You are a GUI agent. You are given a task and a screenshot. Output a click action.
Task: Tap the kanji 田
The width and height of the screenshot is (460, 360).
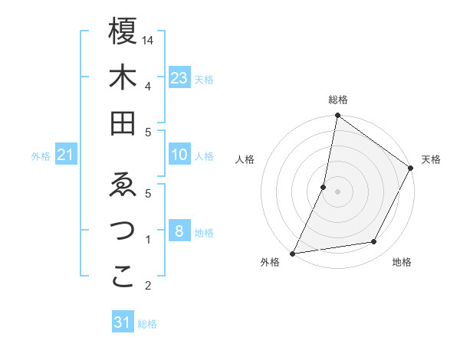tap(123, 123)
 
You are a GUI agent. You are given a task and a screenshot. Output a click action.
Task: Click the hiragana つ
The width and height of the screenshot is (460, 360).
tap(123, 231)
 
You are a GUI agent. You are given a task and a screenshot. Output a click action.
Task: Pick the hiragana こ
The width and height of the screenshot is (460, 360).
tap(123, 277)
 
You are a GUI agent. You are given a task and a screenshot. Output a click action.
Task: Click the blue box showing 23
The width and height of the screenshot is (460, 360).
tap(179, 77)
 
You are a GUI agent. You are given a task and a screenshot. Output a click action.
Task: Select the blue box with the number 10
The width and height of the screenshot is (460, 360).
tap(179, 155)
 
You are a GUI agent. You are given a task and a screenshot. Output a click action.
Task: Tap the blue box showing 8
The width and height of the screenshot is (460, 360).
tap(179, 231)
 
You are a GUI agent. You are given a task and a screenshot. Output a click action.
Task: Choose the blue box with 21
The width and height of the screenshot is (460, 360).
tap(66, 155)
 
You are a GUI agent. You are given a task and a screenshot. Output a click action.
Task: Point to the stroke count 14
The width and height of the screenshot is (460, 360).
tap(149, 40)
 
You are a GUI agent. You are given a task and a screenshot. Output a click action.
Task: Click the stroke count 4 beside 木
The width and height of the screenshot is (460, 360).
tap(147, 86)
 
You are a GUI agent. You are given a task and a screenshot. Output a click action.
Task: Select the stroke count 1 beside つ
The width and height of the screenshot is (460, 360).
tap(147, 240)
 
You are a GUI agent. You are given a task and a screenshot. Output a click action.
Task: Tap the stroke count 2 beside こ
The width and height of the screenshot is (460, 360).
tap(147, 286)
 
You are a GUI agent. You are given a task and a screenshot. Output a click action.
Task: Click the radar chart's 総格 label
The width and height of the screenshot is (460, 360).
tap(337, 100)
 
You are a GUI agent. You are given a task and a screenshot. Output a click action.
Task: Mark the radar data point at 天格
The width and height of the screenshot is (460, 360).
tap(411, 169)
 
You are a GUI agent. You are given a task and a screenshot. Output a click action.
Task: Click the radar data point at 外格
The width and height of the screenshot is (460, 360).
tap(292, 253)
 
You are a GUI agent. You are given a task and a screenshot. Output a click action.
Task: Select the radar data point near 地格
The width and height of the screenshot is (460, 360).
tap(374, 242)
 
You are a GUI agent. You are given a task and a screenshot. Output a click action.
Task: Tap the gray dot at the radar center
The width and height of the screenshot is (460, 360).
tap(337, 191)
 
